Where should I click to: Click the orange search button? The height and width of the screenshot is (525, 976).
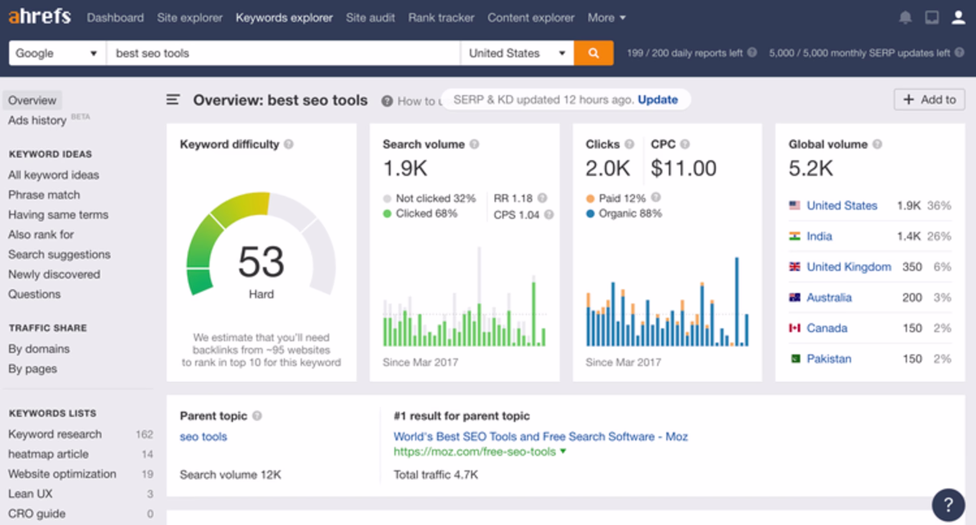tap(593, 53)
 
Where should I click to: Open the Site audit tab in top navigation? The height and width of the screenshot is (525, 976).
tap(370, 18)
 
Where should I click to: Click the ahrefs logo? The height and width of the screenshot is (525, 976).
tap(40, 17)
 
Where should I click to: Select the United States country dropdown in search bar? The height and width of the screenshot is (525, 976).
tap(516, 53)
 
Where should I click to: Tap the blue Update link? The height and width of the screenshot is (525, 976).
tap(657, 100)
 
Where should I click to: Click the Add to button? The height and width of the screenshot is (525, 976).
tap(929, 100)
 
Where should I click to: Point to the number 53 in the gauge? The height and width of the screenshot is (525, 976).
tap(261, 261)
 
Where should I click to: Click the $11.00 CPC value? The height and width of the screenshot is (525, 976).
tap(683, 168)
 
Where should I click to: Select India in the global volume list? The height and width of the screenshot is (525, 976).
tap(819, 236)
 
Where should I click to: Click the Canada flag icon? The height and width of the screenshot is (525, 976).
tap(795, 328)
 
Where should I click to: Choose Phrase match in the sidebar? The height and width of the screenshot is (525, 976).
tap(44, 195)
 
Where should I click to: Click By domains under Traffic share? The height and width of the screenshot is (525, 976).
tap(39, 349)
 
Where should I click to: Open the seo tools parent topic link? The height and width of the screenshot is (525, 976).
tap(203, 436)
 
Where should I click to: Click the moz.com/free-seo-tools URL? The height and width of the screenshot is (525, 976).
tap(474, 452)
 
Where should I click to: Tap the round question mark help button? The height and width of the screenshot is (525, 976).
tap(948, 505)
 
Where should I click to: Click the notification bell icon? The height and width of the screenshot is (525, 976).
tap(905, 18)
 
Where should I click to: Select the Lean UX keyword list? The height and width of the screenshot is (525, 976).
tap(30, 493)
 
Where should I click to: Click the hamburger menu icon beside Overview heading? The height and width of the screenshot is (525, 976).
tap(173, 100)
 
